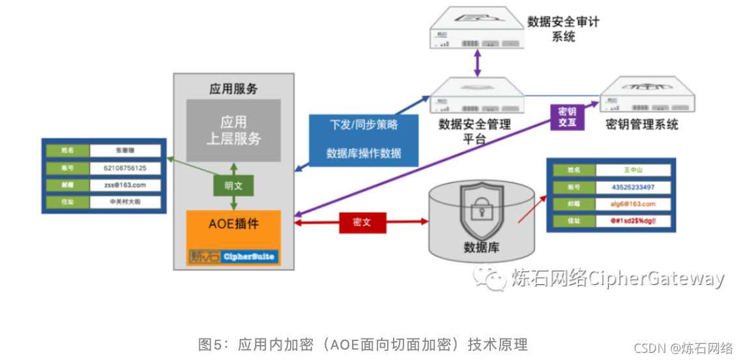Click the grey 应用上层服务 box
[233, 130]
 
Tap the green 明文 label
[233, 186]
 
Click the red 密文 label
[362, 222]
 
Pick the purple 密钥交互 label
[568, 117]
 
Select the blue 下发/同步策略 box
[364, 138]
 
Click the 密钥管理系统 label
[642, 125]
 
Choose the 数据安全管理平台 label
[474, 131]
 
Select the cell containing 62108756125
[126, 168]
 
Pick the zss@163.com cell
[126, 185]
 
